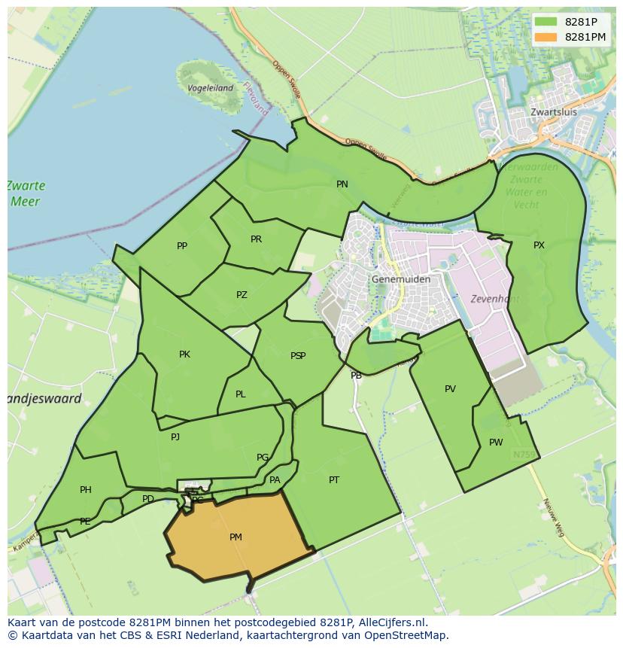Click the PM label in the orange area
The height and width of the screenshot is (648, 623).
tap(236, 537)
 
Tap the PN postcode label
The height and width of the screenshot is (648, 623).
tap(342, 184)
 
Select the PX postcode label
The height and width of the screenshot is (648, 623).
tap(539, 245)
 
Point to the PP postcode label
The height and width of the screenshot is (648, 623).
tap(182, 246)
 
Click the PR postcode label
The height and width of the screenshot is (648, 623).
tap(256, 239)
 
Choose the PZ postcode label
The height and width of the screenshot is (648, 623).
tap(242, 295)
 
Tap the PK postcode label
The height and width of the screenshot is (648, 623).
tap(184, 354)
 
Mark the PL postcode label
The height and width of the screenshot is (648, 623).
tap(240, 394)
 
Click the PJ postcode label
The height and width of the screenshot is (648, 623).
tap(175, 437)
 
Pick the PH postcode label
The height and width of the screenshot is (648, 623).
tap(86, 490)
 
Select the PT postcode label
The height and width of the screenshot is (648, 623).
tap(334, 479)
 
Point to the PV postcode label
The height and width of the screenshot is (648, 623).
tap(450, 389)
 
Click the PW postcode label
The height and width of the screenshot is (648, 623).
tap(495, 443)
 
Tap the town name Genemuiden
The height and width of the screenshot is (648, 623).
tap(401, 279)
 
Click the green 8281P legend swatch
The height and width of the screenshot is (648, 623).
tap(546, 22)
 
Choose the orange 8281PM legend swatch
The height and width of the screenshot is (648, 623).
tap(546, 37)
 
